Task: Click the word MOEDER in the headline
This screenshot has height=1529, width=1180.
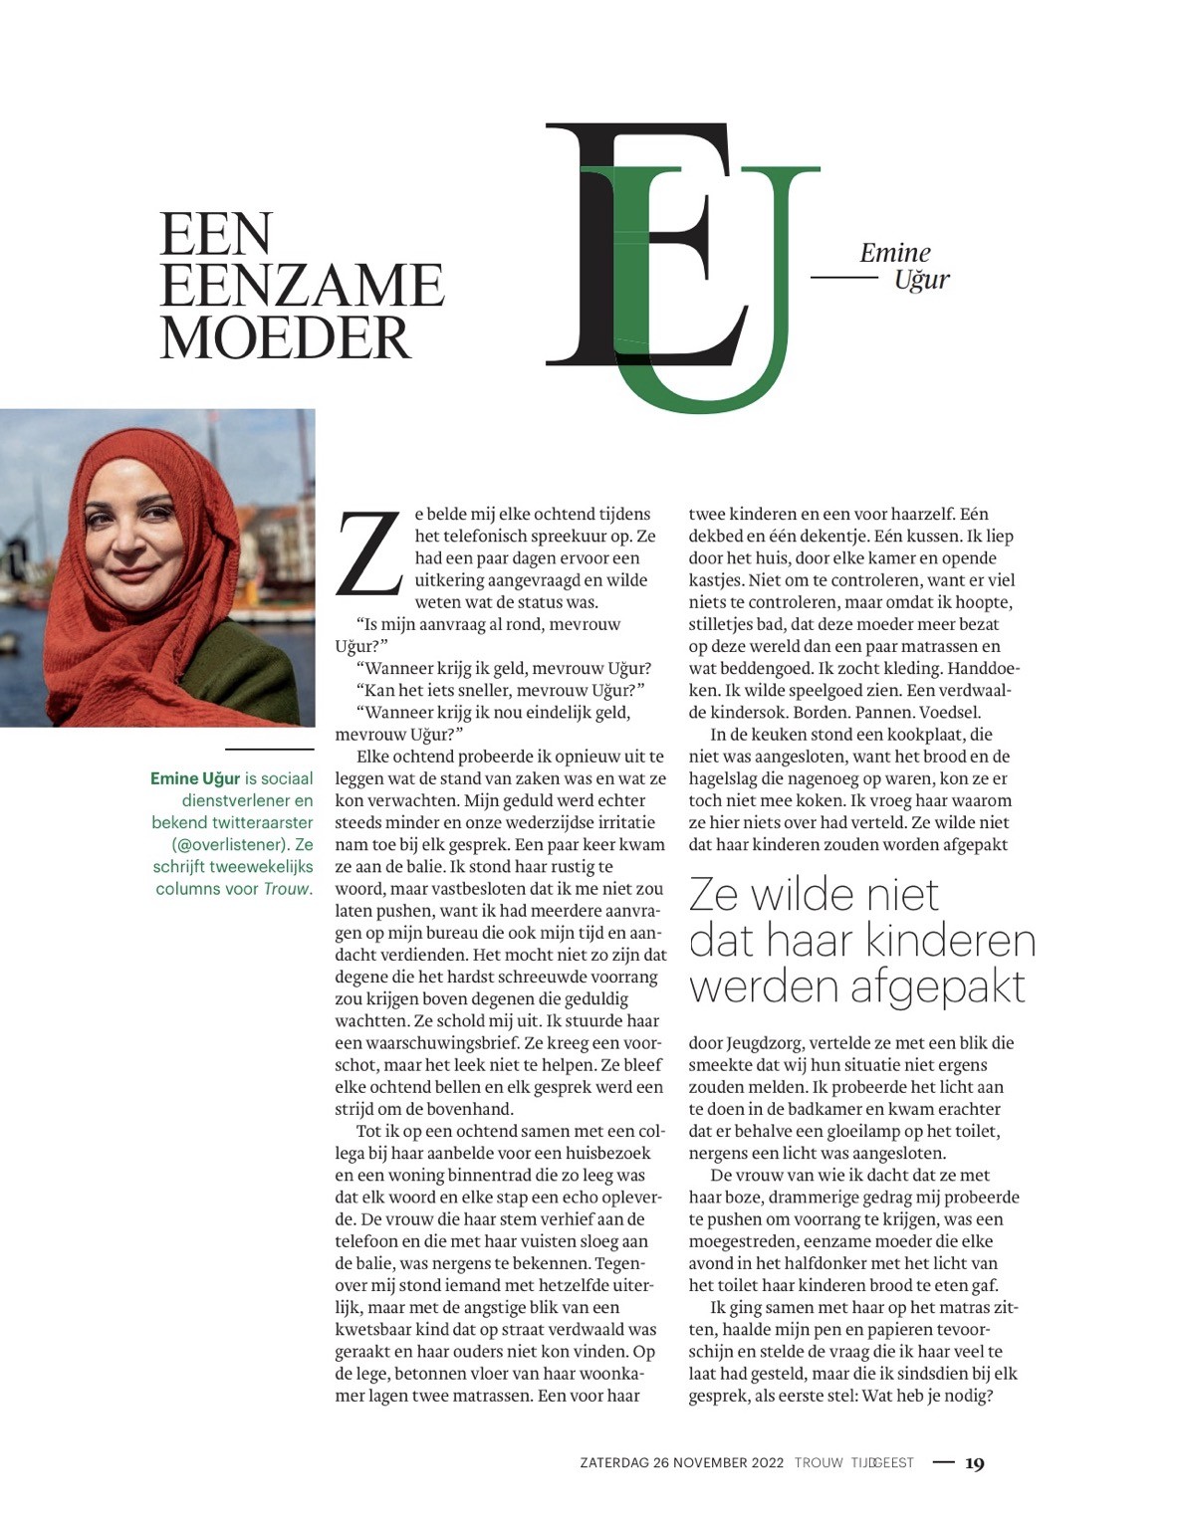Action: click(285, 337)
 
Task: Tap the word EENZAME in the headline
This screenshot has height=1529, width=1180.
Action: click(301, 286)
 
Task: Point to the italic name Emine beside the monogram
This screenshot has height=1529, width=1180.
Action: click(894, 253)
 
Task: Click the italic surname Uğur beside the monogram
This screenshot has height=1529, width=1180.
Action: click(921, 280)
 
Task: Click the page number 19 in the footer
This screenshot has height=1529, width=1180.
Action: click(975, 1463)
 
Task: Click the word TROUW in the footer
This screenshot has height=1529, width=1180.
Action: click(818, 1463)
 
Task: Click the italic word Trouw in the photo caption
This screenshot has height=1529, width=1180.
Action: click(287, 889)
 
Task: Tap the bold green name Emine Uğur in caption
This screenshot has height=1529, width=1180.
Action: click(195, 778)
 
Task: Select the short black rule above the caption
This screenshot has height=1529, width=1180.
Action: click(269, 749)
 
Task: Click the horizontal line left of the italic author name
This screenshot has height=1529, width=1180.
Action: click(844, 277)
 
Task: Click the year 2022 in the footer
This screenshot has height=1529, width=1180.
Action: click(765, 1463)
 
